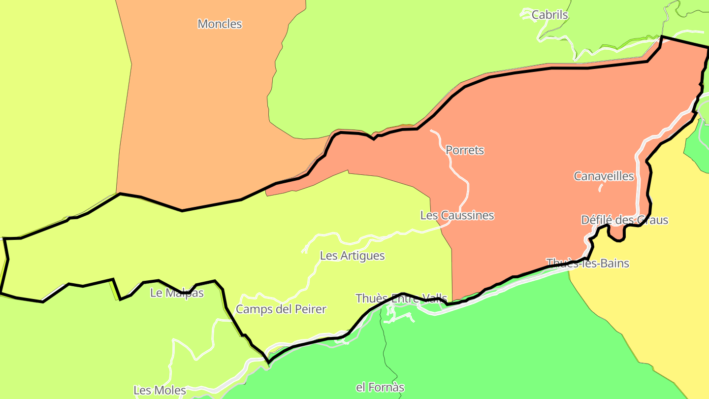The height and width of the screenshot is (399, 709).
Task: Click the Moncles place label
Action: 220,24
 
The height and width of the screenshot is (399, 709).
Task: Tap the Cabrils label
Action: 549,15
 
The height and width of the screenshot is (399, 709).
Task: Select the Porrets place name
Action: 465,150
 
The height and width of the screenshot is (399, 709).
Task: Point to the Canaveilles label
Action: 604,176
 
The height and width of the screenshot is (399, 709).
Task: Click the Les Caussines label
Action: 457,215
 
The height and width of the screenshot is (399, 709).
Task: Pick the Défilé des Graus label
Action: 624,220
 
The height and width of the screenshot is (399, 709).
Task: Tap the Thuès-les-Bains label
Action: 588,263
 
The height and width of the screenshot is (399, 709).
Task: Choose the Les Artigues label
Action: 352,256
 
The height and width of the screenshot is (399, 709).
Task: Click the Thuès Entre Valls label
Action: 401,299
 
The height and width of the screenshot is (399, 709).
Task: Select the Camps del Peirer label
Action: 281,309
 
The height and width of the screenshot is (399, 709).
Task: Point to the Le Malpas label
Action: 177,293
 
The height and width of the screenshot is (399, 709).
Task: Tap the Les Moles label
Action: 160,391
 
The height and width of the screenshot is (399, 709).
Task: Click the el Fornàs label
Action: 380,388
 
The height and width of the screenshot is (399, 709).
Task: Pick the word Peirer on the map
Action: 310,309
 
